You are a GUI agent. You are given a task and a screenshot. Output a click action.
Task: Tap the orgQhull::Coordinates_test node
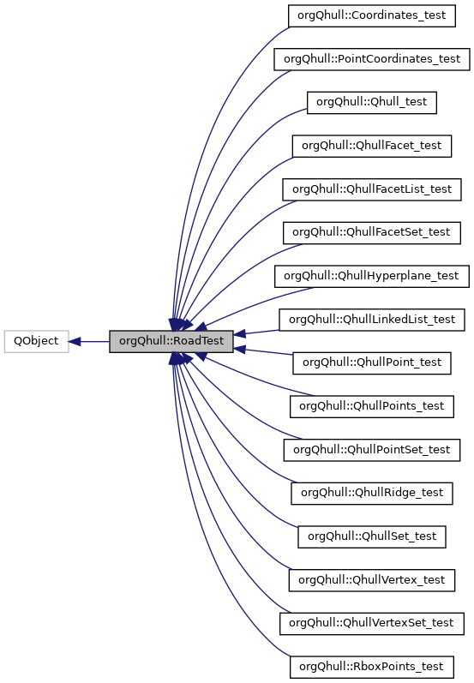[372, 15]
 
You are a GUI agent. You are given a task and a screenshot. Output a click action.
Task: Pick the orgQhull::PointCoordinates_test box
[372, 59]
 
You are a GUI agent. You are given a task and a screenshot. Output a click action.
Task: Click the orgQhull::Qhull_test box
[372, 102]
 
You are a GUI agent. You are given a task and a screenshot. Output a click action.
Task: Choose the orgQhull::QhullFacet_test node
[372, 146]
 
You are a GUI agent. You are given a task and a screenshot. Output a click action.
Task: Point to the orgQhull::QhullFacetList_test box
[372, 189]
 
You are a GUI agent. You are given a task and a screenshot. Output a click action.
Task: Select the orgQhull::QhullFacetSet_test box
[372, 232]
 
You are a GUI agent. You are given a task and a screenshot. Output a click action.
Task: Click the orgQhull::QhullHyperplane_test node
[372, 276]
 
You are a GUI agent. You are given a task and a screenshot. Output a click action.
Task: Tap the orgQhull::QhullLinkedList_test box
[372, 320]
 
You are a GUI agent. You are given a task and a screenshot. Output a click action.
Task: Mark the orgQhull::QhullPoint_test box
[372, 362]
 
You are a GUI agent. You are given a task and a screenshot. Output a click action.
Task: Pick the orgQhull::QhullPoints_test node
[372, 406]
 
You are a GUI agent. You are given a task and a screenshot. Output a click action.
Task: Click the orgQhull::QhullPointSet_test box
[372, 449]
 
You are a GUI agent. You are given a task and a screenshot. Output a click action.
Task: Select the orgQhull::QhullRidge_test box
[372, 493]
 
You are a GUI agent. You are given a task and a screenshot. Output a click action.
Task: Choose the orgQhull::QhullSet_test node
[372, 536]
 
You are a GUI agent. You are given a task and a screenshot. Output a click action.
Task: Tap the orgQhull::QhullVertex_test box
[372, 580]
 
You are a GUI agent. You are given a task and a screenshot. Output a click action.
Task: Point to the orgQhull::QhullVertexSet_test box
[372, 623]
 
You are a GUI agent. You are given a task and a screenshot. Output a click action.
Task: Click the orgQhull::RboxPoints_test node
[372, 667]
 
